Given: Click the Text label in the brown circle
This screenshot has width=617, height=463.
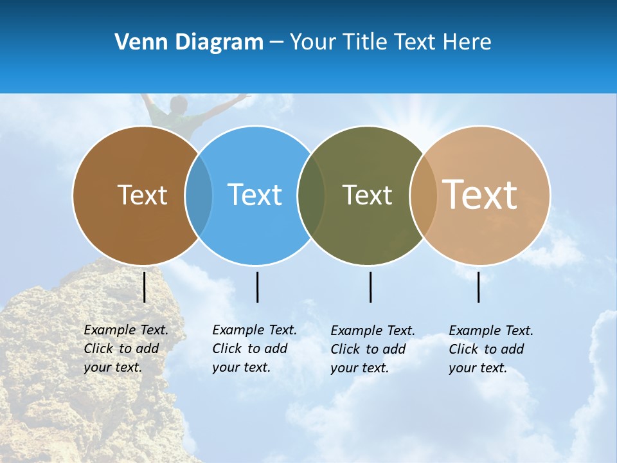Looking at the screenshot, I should [x=142, y=195].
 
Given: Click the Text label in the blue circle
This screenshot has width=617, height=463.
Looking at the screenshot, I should [x=255, y=195].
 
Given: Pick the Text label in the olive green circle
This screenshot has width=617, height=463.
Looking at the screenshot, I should [x=367, y=195].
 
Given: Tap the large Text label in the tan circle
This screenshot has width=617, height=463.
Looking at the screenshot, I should [x=480, y=195].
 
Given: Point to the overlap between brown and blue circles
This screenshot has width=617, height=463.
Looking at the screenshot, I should [x=199, y=195].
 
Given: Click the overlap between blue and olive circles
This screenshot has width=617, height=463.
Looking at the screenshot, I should [x=311, y=195].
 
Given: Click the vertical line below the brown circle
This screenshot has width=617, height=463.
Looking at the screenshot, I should [x=145, y=287].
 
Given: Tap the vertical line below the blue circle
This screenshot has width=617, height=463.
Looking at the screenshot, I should [x=257, y=287].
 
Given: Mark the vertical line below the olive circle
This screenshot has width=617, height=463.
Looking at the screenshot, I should [x=370, y=287].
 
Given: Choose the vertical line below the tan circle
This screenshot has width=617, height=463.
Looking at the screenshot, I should [x=479, y=287].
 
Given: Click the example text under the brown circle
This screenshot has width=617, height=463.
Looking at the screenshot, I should [x=125, y=349].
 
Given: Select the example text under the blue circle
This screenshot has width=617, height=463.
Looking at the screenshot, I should [x=254, y=349].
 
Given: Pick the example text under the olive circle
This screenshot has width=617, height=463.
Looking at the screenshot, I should [x=372, y=349].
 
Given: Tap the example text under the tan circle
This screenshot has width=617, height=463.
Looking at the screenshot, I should [x=490, y=349].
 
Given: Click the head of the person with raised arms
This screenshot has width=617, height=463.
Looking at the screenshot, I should [x=178, y=104].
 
